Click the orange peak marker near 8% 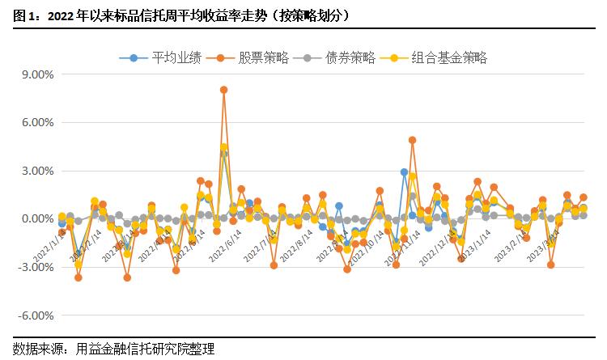tap(224, 90)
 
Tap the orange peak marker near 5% tap(412, 140)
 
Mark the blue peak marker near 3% tap(404, 172)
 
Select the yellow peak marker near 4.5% tap(224, 147)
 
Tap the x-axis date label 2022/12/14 tap(431, 246)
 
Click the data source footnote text tap(114, 349)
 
